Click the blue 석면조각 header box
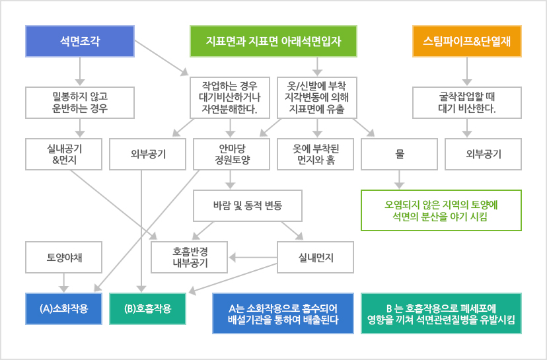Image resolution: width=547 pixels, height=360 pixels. [80, 41]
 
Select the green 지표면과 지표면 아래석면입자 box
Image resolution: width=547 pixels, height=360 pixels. [273, 41]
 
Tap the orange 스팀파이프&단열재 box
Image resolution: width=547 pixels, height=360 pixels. [467, 41]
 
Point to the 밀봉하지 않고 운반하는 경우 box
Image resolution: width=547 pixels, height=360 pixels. [80, 102]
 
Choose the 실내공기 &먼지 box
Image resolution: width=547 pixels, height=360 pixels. [64, 154]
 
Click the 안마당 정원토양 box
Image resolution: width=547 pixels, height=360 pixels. [231, 154]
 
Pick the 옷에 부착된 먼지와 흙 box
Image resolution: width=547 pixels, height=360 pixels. [315, 154]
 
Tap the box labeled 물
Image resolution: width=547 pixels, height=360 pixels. [400, 154]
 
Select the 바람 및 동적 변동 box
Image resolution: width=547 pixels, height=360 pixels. [247, 206]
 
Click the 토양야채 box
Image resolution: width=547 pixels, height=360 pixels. [64, 258]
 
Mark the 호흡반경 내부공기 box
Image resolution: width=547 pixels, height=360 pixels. [190, 258]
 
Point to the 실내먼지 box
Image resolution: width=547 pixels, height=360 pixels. [315, 258]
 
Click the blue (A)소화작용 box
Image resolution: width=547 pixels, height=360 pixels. [64, 308]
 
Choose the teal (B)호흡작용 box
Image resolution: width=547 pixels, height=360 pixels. [147, 308]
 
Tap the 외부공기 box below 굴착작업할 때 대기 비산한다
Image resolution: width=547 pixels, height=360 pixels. [483, 154]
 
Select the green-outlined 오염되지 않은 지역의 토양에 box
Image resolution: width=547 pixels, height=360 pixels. [441, 210]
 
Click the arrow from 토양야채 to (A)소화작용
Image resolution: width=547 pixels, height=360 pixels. [64, 283]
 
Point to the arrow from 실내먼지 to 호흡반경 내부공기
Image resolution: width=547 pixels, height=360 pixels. [253, 258]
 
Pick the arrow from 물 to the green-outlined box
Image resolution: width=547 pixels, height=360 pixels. [399, 180]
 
